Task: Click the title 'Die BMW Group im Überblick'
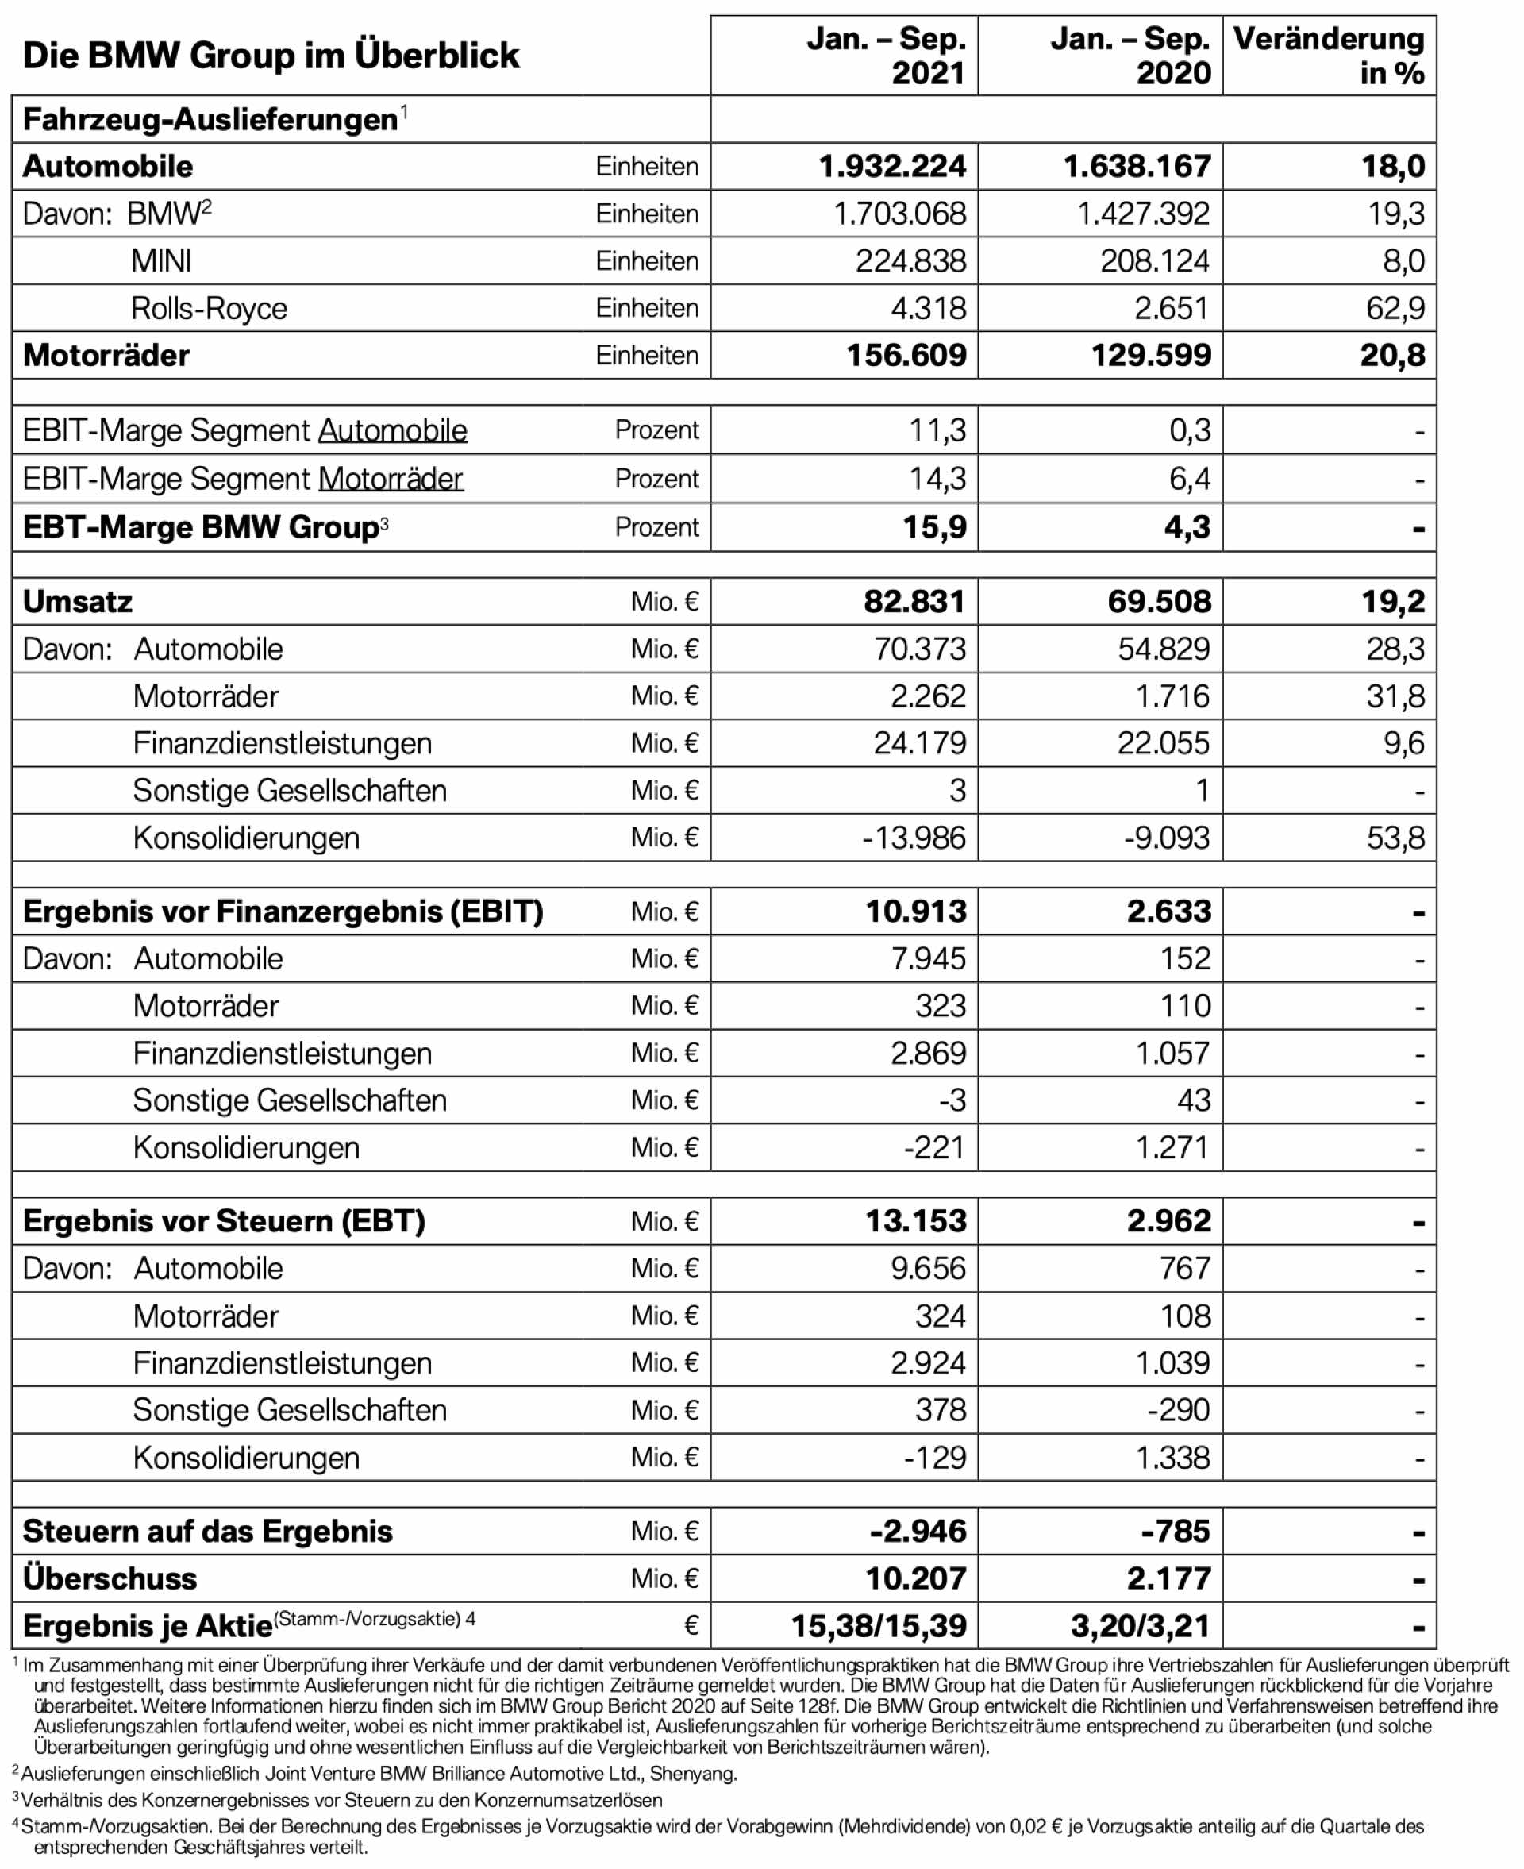(271, 56)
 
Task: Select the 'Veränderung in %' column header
(1328, 56)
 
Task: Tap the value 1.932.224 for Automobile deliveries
(892, 166)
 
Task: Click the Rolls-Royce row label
(209, 308)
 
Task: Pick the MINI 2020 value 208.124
(1154, 260)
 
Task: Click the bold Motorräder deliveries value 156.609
(906, 356)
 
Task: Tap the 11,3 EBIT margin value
(937, 430)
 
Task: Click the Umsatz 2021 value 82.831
(914, 601)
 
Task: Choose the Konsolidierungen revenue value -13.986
(913, 838)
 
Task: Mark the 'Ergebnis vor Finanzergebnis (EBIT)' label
(283, 911)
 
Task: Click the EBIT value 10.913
(916, 911)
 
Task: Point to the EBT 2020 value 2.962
(1168, 1221)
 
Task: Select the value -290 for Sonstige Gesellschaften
(1178, 1410)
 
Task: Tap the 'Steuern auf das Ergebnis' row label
(207, 1531)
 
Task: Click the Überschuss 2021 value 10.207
(916, 1578)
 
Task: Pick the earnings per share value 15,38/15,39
(878, 1626)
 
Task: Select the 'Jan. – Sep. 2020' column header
(1130, 56)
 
